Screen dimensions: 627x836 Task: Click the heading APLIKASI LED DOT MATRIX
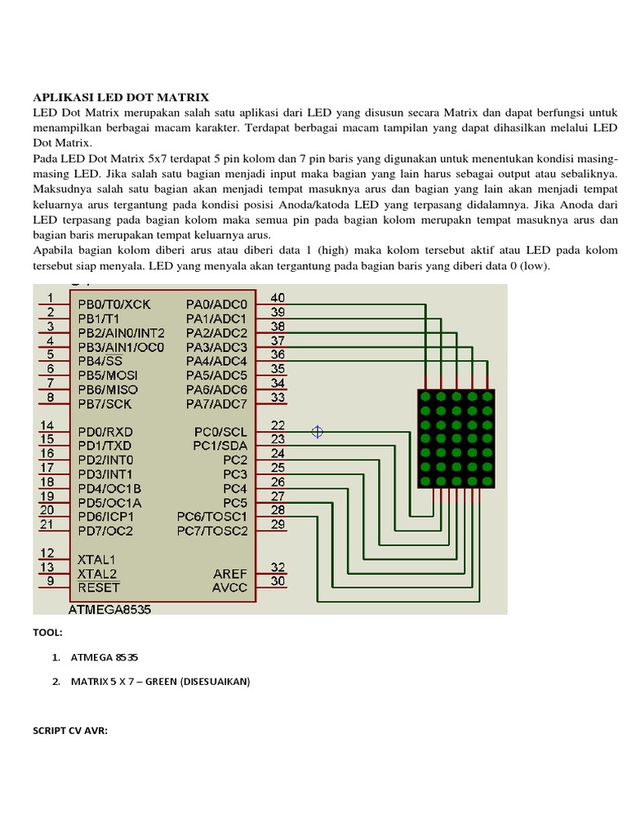pyautogui.click(x=121, y=97)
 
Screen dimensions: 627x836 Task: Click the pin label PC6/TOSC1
pyautogui.click(x=211, y=517)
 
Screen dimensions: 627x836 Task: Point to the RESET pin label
pyautogui.click(x=99, y=588)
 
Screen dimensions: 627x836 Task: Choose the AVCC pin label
pyautogui.click(x=229, y=588)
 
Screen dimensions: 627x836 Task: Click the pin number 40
pyautogui.click(x=278, y=298)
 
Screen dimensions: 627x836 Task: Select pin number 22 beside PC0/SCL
pyautogui.click(x=278, y=425)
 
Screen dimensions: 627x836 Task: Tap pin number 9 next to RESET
pyautogui.click(x=50, y=581)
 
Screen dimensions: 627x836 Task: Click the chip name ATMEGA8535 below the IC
pyautogui.click(x=110, y=609)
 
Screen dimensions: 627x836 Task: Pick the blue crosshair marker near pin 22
pyautogui.click(x=318, y=432)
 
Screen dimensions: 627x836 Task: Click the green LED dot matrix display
pyautogui.click(x=456, y=438)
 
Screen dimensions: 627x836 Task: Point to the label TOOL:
pyautogui.click(x=47, y=633)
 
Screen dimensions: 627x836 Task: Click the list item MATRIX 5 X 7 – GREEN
pyautogui.click(x=160, y=681)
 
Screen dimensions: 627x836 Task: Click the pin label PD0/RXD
pyautogui.click(x=105, y=431)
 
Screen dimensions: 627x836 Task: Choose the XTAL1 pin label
pyautogui.click(x=97, y=560)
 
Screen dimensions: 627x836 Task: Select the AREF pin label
pyautogui.click(x=229, y=574)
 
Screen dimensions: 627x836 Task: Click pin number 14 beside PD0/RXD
pyautogui.click(x=47, y=425)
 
